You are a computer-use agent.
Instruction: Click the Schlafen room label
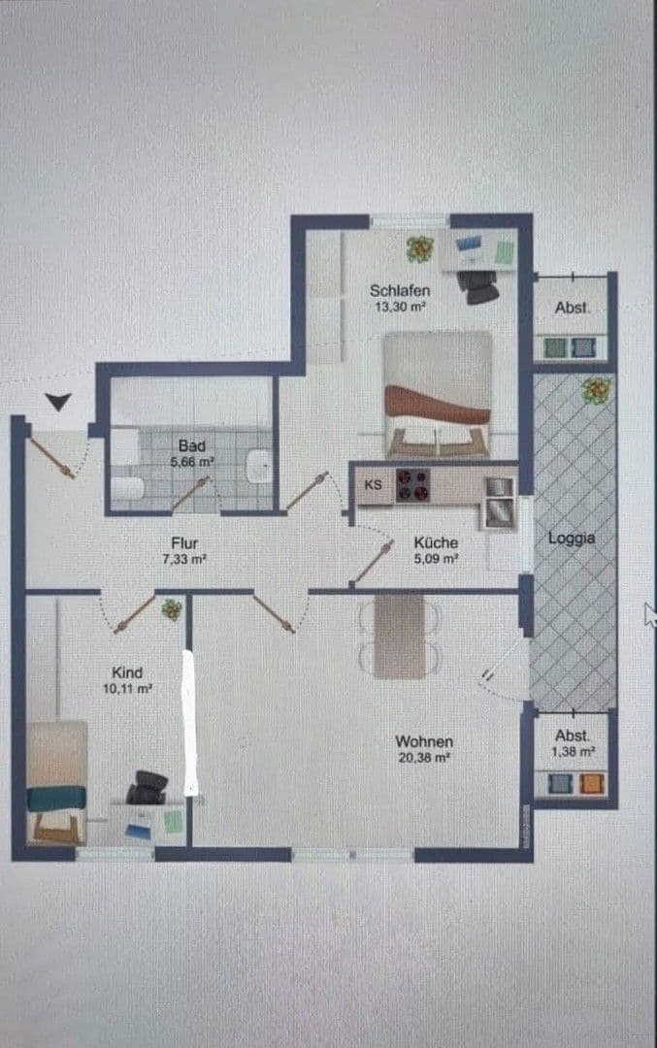399,289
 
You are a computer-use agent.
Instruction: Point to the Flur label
184,543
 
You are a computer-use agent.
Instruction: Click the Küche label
435,543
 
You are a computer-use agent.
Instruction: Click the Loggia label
573,537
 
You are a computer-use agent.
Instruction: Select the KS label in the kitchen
373,484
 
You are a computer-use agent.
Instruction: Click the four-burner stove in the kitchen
412,484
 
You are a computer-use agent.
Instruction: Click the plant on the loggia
594,390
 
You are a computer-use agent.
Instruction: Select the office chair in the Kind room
147,786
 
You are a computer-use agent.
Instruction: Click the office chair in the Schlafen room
480,285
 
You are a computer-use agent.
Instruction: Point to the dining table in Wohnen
399,636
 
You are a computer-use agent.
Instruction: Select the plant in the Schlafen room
420,249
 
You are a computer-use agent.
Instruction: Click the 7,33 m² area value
184,559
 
